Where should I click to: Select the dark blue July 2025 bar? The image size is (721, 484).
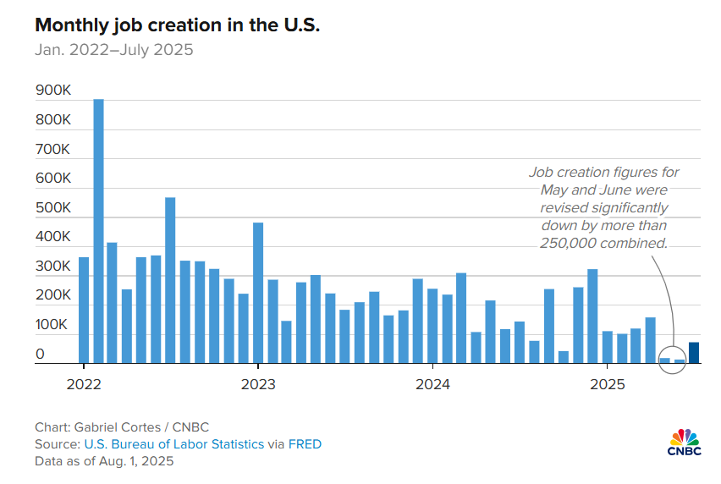pyautogui.click(x=694, y=353)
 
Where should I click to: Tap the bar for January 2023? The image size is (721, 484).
pyautogui.click(x=258, y=293)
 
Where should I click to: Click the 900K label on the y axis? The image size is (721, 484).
pyautogui.click(x=53, y=91)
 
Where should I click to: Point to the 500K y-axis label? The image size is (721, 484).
pyautogui.click(x=53, y=207)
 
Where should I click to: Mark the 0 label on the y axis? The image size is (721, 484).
pyautogui.click(x=40, y=355)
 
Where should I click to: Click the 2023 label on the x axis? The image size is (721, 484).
pyautogui.click(x=257, y=385)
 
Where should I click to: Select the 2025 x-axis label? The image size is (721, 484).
pyautogui.click(x=607, y=385)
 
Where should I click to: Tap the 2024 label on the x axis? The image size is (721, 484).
pyautogui.click(x=432, y=385)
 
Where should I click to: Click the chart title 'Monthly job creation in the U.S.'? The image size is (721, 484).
pyautogui.click(x=178, y=25)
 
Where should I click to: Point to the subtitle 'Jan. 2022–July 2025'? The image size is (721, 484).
pyautogui.click(x=114, y=50)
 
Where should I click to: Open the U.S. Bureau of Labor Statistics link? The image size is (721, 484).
pyautogui.click(x=174, y=444)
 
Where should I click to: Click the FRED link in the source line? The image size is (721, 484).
pyautogui.click(x=305, y=444)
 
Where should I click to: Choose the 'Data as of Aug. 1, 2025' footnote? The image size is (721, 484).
pyautogui.click(x=104, y=462)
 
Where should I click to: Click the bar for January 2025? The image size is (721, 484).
pyautogui.click(x=607, y=347)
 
